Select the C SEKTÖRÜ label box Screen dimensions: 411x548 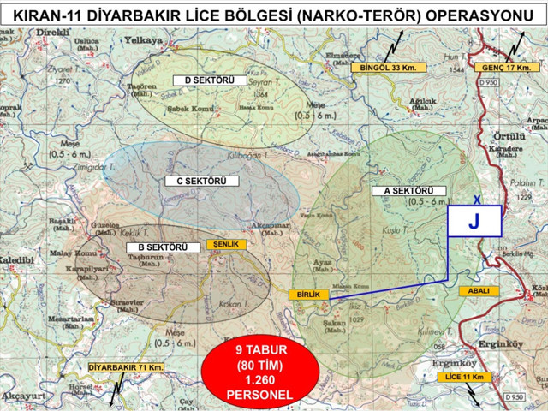tap(195, 181)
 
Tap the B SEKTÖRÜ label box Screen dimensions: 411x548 tap(157, 247)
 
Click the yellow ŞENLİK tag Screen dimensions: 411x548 tap(226, 244)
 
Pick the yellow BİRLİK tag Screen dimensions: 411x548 tap(308, 295)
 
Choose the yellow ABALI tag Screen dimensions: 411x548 tap(478, 291)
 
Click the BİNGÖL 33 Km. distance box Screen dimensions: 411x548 tap(388, 67)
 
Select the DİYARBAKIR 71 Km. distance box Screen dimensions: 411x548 tap(125, 367)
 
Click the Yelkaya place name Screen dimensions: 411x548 tap(144, 40)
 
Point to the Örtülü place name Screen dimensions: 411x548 tap(509, 136)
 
